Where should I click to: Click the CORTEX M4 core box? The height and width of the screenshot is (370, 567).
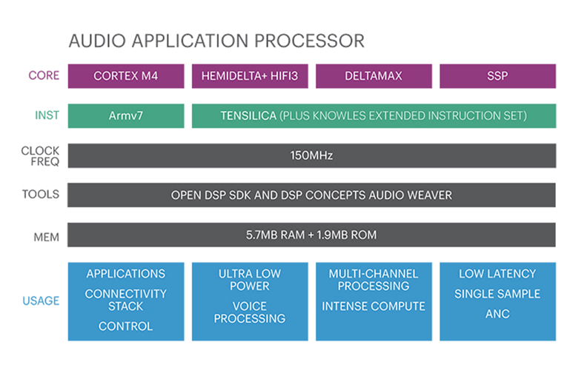126,76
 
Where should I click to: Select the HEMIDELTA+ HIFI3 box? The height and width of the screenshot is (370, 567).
250,76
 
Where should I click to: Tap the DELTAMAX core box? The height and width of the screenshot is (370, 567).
374,76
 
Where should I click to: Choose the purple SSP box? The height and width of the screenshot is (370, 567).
497,76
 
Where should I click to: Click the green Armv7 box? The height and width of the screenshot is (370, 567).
126,116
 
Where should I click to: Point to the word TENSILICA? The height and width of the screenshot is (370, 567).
248,116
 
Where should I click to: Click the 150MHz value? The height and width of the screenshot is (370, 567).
311,155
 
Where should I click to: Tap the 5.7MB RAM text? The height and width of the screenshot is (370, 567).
275,235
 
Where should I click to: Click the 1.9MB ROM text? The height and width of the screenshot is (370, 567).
346,235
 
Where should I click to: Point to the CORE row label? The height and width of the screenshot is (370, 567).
44,75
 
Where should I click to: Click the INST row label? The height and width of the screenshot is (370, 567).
47,115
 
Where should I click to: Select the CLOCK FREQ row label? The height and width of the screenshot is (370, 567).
40,156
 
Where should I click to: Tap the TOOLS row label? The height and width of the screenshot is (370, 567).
41,194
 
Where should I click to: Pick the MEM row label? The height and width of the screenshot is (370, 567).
46,237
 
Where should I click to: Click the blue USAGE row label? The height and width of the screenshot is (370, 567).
41,300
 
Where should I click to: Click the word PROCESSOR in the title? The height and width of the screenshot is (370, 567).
310,41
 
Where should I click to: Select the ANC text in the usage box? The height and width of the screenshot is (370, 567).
497,314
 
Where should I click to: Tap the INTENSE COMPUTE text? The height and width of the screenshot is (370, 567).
374,306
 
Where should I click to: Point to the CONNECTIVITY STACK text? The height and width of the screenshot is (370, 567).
126,300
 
